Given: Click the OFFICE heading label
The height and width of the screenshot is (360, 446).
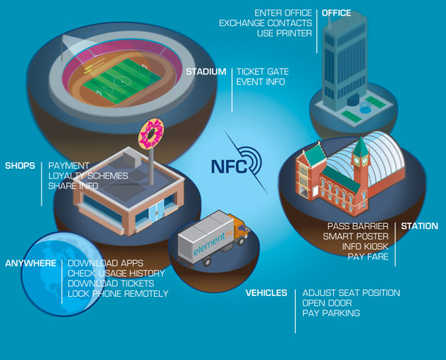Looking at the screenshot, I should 337,13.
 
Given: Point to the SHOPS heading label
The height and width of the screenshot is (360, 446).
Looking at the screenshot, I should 20,165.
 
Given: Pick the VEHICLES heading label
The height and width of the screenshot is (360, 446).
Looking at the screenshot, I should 266,293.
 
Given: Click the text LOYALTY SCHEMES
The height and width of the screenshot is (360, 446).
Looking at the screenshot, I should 88,176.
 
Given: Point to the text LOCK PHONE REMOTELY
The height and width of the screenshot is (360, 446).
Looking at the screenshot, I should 118,294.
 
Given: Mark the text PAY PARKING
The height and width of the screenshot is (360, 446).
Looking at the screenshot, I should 331,314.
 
